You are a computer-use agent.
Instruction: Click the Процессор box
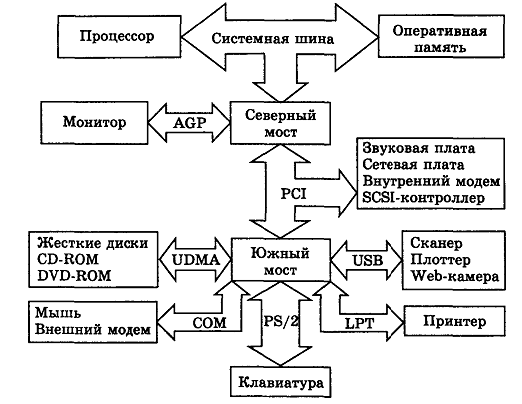[120, 36]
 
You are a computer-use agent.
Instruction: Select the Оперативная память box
[441, 36]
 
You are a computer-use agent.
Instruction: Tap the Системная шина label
[272, 39]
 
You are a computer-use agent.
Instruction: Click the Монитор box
[95, 123]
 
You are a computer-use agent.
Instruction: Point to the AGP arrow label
[189, 123]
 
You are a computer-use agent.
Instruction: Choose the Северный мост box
[280, 123]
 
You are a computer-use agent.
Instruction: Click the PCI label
[293, 193]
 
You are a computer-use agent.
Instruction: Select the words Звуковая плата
[418, 148]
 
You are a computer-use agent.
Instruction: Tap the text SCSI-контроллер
[423, 198]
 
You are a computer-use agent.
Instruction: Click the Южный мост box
[281, 260]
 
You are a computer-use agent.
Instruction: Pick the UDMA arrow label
[196, 260]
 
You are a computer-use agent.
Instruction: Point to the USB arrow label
[368, 261]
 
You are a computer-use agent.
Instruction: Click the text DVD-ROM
[74, 276]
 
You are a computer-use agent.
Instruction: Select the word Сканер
[436, 243]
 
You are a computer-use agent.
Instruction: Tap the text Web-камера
[455, 276]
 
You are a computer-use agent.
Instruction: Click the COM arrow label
[209, 323]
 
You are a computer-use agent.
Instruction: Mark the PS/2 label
[281, 321]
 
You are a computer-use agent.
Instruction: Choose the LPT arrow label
[359, 323]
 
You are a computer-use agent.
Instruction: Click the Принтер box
[454, 321]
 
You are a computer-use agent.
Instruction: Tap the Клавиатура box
[281, 382]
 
